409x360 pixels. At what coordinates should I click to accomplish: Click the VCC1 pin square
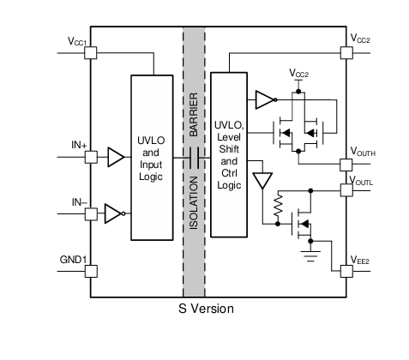click(91, 53)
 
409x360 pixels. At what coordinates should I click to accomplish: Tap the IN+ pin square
click(91, 157)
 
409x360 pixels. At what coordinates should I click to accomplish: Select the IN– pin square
click(91, 214)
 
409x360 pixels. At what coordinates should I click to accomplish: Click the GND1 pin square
click(91, 271)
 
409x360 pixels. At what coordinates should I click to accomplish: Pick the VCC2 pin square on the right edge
click(346, 53)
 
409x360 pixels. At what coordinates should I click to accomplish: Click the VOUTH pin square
click(346, 165)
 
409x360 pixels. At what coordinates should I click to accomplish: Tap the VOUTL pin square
click(346, 190)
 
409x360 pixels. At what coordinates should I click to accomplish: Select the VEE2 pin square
click(346, 271)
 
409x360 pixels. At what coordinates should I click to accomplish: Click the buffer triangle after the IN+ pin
click(116, 157)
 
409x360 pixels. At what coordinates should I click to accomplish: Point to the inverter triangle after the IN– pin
click(115, 213)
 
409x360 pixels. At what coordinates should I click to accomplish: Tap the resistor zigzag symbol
click(278, 205)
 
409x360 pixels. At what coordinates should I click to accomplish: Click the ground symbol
click(310, 256)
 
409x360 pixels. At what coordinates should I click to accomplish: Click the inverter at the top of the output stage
click(266, 100)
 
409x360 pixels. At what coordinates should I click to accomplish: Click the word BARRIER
click(194, 114)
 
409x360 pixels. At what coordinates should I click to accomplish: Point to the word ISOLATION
click(194, 202)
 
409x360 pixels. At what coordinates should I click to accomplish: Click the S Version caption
click(206, 309)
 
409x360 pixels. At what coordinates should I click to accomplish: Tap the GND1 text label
click(73, 260)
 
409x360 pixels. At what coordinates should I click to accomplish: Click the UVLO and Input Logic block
click(152, 158)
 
